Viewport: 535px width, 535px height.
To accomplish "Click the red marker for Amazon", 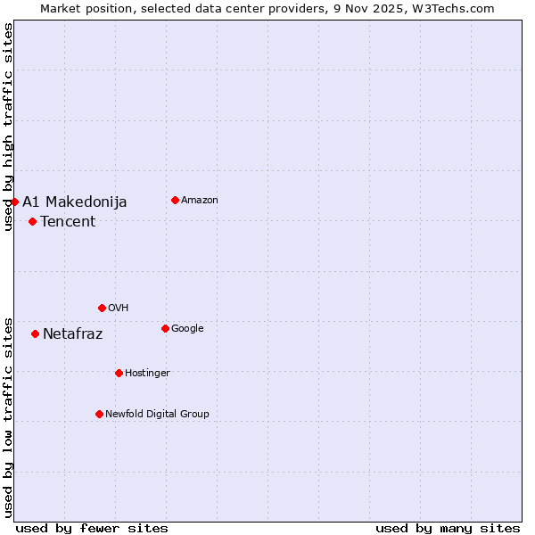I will (175, 200).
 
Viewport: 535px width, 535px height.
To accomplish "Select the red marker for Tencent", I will (32, 221).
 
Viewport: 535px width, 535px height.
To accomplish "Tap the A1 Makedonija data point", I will (14, 202).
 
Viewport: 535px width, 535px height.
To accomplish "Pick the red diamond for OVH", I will (102, 308).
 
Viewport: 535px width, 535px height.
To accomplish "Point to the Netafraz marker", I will (35, 333).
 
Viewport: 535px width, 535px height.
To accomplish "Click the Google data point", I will (165, 328).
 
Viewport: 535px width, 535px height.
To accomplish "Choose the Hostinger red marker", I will (119, 373).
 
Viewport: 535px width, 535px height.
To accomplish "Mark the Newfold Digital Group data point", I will (99, 414).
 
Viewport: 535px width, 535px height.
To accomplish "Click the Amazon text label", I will (200, 201).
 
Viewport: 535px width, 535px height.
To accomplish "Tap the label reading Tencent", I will (68, 222).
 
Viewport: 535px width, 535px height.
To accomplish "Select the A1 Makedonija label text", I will (75, 202).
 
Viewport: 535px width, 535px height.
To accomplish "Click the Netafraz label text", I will (73, 334).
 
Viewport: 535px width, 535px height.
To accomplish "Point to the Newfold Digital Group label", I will (158, 415).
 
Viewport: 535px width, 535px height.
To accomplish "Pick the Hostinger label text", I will (148, 374).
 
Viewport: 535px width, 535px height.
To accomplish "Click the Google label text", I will (187, 329).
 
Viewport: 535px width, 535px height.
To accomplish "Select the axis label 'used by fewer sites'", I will (92, 529).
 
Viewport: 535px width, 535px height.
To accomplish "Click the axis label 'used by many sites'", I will (448, 529).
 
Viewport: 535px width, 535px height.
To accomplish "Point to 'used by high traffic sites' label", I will (8, 127).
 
